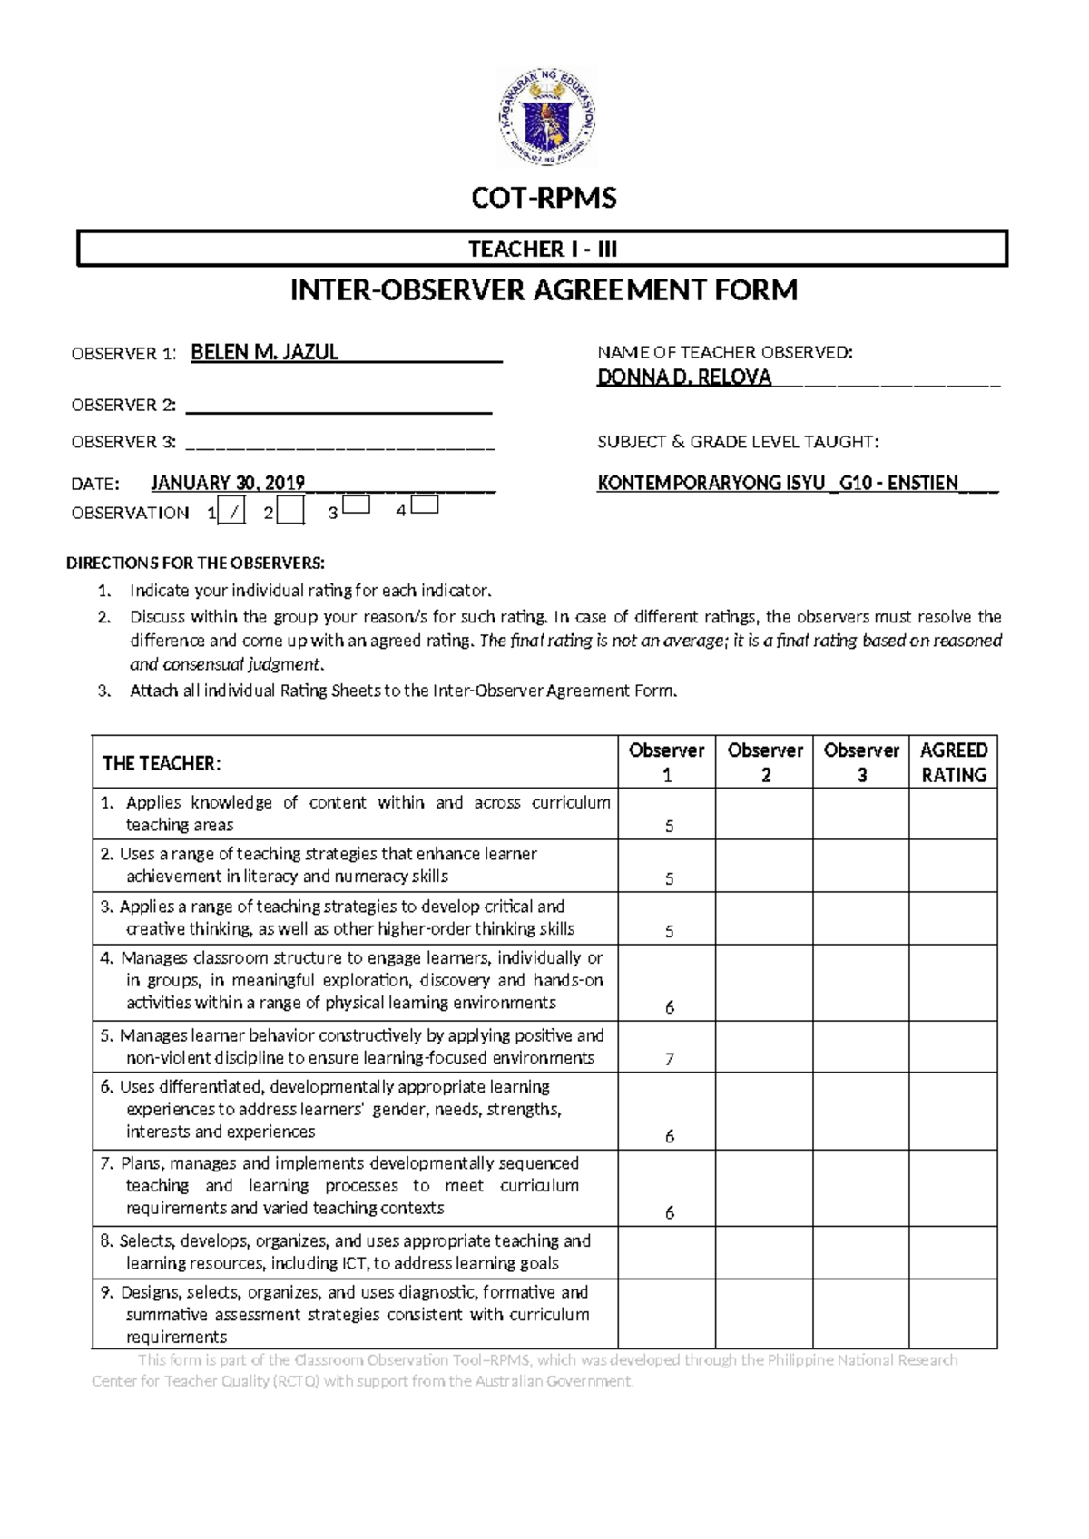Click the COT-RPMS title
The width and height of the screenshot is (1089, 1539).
click(x=544, y=198)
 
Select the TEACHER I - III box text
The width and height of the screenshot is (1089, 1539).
click(x=543, y=249)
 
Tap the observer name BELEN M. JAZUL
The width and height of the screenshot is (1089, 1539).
click(x=264, y=352)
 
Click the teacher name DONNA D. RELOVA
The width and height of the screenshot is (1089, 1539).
click(x=684, y=377)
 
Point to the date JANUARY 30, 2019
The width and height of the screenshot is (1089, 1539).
click(x=227, y=483)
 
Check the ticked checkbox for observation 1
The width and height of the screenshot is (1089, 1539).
click(x=233, y=513)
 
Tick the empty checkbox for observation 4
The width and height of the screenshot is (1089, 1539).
click(x=425, y=505)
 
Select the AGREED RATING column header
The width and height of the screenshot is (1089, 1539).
click(x=953, y=762)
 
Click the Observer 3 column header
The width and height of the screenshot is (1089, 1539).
click(x=860, y=762)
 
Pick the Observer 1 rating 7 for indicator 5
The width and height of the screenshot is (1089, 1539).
click(x=669, y=1059)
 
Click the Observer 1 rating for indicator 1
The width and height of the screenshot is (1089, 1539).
click(x=669, y=826)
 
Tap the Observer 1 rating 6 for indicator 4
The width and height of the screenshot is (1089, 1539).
click(x=669, y=1007)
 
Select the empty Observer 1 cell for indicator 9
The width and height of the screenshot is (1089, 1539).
click(x=666, y=1314)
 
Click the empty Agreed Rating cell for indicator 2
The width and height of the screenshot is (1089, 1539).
click(x=953, y=865)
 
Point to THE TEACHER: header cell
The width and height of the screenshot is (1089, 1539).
click(x=162, y=763)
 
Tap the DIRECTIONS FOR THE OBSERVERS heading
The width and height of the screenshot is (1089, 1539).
click(x=195, y=563)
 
